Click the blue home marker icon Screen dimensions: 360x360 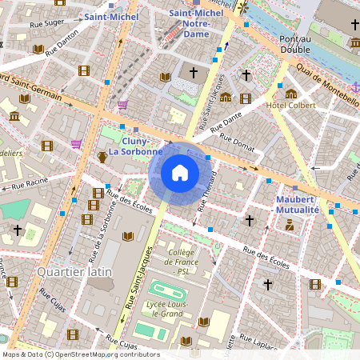(x=180, y=173)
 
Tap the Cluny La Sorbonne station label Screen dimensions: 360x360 (x=136, y=146)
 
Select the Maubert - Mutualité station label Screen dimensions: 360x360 (x=297, y=204)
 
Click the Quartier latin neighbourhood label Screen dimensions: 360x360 (x=74, y=272)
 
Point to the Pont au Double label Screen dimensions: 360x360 (x=295, y=44)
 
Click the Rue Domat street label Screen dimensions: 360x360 (x=237, y=142)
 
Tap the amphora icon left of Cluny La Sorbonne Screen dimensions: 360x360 (x=102, y=157)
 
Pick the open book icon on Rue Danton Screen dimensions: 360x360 (x=38, y=50)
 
